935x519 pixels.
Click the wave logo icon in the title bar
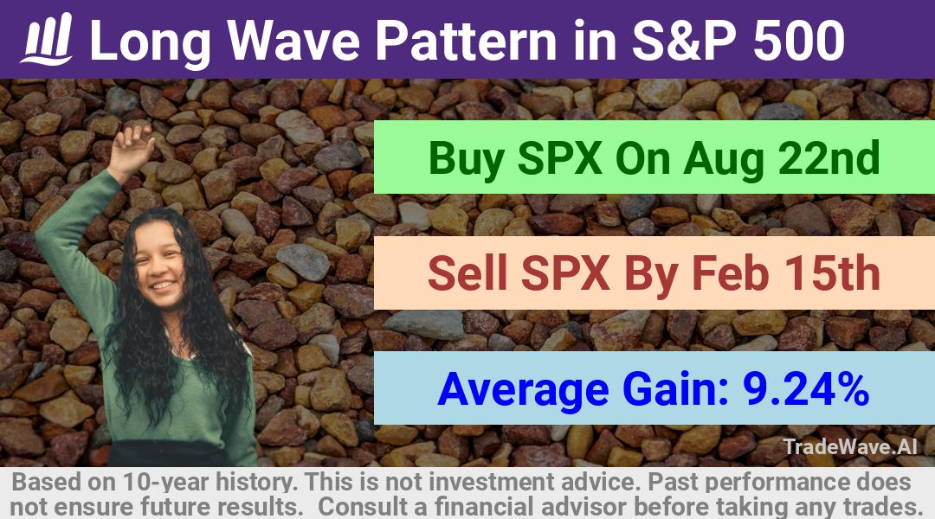point(47,39)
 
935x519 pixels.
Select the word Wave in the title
point(294,40)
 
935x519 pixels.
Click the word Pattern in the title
point(465,40)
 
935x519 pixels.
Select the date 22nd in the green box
point(829,157)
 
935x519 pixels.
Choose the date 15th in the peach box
point(831,272)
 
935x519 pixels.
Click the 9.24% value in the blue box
point(806,388)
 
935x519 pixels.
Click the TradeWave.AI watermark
point(850,446)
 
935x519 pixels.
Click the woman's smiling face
point(158,260)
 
